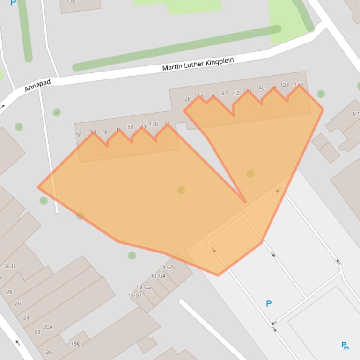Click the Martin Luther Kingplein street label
[198, 65]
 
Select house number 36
[79, 135]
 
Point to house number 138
[153, 124]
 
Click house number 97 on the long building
[224, 94]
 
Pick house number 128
[284, 86]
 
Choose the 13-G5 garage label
[166, 267]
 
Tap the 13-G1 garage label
[135, 295]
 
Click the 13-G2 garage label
[143, 287]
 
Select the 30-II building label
[9, 266]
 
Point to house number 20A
[48, 327]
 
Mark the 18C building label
[75, 344]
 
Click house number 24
[26, 318]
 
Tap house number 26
[18, 303]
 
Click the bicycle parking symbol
[345, 346]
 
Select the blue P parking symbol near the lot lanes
[269, 304]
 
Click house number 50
[130, 127]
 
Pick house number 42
[236, 93]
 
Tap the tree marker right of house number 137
[321, 94]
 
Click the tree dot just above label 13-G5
[132, 255]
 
